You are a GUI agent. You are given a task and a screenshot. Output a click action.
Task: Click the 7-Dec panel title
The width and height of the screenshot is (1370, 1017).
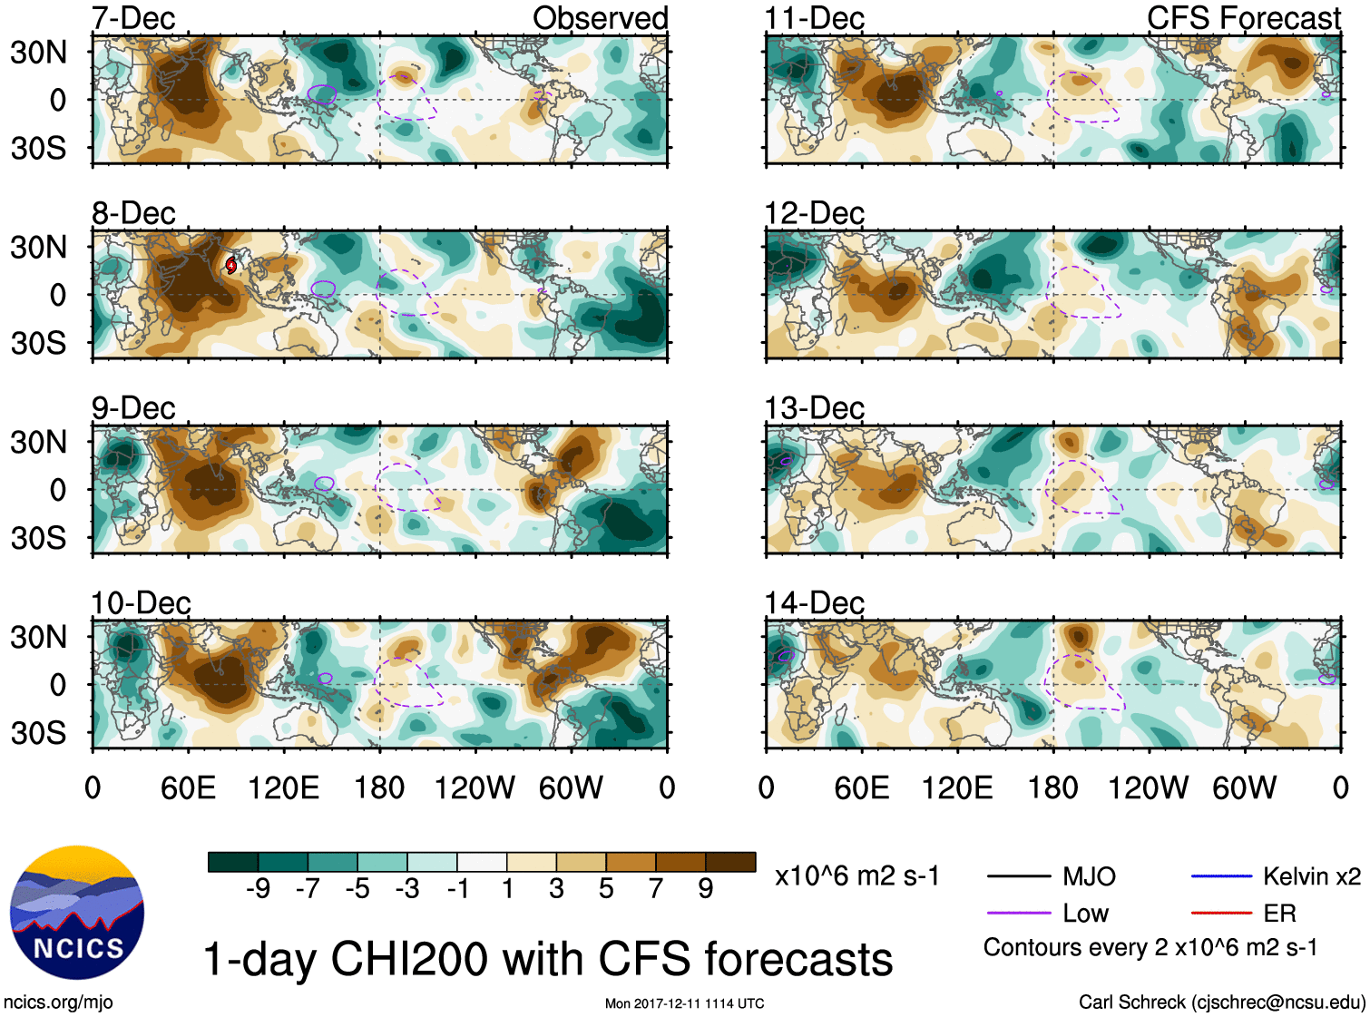pyautogui.click(x=133, y=18)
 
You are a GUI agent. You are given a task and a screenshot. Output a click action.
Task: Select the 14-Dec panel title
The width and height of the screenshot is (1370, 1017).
pyautogui.click(x=814, y=602)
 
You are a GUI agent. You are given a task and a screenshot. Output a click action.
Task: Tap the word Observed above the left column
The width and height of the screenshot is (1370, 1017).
pyautogui.click(x=600, y=18)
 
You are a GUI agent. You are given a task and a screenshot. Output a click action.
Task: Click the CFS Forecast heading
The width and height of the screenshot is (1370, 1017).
pyautogui.click(x=1243, y=18)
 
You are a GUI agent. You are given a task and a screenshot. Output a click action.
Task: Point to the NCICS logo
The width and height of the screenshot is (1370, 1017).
pyautogui.click(x=77, y=913)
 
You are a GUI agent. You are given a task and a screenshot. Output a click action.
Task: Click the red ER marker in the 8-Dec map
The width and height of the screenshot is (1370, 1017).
pyautogui.click(x=231, y=265)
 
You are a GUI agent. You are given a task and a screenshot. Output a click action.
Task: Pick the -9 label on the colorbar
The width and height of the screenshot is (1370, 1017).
pyautogui.click(x=259, y=888)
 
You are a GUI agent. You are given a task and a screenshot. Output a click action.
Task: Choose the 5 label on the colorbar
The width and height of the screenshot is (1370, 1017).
pyautogui.click(x=606, y=888)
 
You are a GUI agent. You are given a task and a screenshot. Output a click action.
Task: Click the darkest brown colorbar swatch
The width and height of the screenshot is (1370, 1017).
pyautogui.click(x=730, y=862)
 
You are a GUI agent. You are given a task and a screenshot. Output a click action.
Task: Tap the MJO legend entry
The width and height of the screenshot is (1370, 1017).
pyautogui.click(x=1089, y=876)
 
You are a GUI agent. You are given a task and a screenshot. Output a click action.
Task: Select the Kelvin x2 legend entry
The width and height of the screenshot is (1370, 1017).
pyautogui.click(x=1311, y=876)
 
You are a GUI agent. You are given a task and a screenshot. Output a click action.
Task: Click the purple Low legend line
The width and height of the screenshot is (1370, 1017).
pyautogui.click(x=1018, y=914)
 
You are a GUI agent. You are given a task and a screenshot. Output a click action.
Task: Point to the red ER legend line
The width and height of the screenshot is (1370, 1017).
pyautogui.click(x=1221, y=914)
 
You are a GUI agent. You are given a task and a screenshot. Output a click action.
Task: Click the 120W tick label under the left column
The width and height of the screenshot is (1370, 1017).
pyautogui.click(x=475, y=787)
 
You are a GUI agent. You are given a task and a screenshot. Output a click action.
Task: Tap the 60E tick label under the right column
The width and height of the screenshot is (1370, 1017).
pyautogui.click(x=861, y=787)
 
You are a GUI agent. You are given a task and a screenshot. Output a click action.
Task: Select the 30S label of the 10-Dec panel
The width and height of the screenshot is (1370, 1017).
pyautogui.click(x=38, y=732)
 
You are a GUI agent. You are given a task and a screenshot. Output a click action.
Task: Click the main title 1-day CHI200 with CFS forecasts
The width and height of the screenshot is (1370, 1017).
pyautogui.click(x=547, y=959)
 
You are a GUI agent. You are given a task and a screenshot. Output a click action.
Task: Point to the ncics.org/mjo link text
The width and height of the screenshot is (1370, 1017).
pyautogui.click(x=58, y=1002)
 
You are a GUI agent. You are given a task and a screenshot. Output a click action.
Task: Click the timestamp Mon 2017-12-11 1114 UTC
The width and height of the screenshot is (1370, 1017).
pyautogui.click(x=684, y=1003)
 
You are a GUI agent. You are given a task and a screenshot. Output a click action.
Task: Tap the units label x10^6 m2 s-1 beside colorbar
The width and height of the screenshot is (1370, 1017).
pyautogui.click(x=856, y=876)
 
